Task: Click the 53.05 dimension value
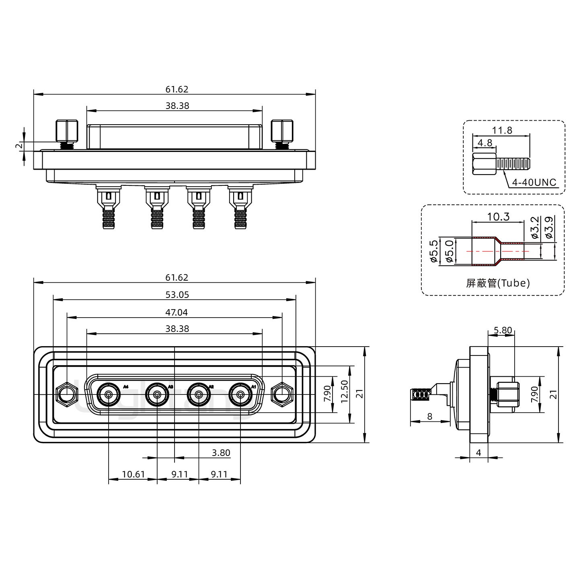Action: coord(177,295)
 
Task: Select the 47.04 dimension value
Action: coord(177,312)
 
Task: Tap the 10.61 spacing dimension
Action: coord(133,474)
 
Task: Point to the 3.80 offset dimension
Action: coord(221,453)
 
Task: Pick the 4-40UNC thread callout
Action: coord(534,183)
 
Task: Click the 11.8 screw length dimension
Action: coord(502,130)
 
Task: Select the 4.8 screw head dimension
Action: coord(485,142)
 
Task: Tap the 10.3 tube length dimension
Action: coord(498,217)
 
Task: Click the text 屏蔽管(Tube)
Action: coord(498,283)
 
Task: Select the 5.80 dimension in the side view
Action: coord(503,331)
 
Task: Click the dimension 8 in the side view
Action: coord(430,417)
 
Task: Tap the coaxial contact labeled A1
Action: coord(240,395)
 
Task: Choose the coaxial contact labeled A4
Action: coord(109,395)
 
